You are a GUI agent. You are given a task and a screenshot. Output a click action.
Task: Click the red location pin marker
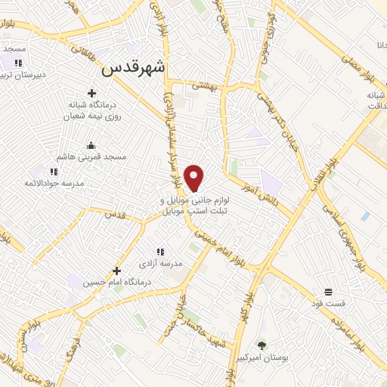pos(195,178)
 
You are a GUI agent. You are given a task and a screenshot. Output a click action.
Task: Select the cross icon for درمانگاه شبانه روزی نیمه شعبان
pos(92,94)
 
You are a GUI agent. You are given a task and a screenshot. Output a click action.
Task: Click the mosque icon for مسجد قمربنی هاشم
pos(92,145)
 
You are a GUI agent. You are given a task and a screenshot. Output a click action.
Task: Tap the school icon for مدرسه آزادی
pos(159,252)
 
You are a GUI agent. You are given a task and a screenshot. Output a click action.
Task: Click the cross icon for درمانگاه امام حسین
pos(116,270)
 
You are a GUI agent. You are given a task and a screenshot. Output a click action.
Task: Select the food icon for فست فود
pos(328,292)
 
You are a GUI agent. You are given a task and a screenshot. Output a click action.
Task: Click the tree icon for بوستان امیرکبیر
pos(262,345)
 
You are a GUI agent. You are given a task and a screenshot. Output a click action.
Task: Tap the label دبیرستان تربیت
pos(23,75)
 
